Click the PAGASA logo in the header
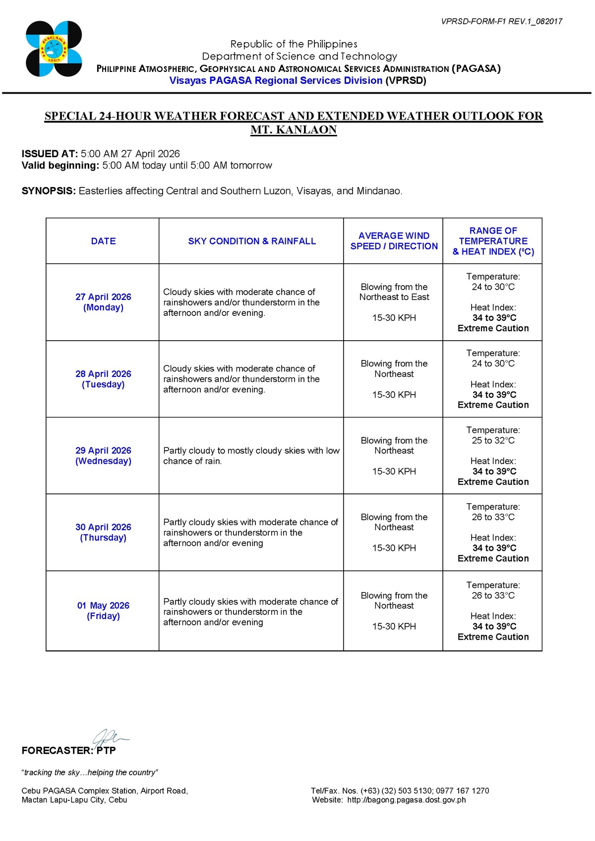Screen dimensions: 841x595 click(x=54, y=49)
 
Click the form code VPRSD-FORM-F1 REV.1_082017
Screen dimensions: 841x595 click(x=501, y=21)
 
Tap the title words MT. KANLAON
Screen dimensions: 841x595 click(x=294, y=130)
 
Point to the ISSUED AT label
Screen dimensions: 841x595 click(x=50, y=154)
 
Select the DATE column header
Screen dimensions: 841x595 click(x=103, y=241)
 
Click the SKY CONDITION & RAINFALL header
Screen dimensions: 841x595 click(x=252, y=241)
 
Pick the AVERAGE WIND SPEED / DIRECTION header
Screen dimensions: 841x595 click(x=394, y=241)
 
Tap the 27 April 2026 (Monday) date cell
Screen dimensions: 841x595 click(x=103, y=302)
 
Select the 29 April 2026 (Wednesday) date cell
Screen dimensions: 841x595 click(x=103, y=456)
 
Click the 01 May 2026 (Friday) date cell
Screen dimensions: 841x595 click(x=103, y=610)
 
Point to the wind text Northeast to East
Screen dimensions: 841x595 click(x=394, y=297)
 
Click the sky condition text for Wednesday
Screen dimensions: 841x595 click(x=251, y=456)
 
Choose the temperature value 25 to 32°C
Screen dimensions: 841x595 click(x=493, y=440)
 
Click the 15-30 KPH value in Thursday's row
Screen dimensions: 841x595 click(x=394, y=548)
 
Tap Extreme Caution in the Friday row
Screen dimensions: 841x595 click(x=493, y=637)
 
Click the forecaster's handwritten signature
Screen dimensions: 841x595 click(x=109, y=736)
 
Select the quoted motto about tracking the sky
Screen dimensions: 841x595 click(x=90, y=772)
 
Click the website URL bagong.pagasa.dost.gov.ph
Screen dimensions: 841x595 click(x=406, y=800)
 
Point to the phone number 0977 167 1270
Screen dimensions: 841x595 click(x=463, y=790)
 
